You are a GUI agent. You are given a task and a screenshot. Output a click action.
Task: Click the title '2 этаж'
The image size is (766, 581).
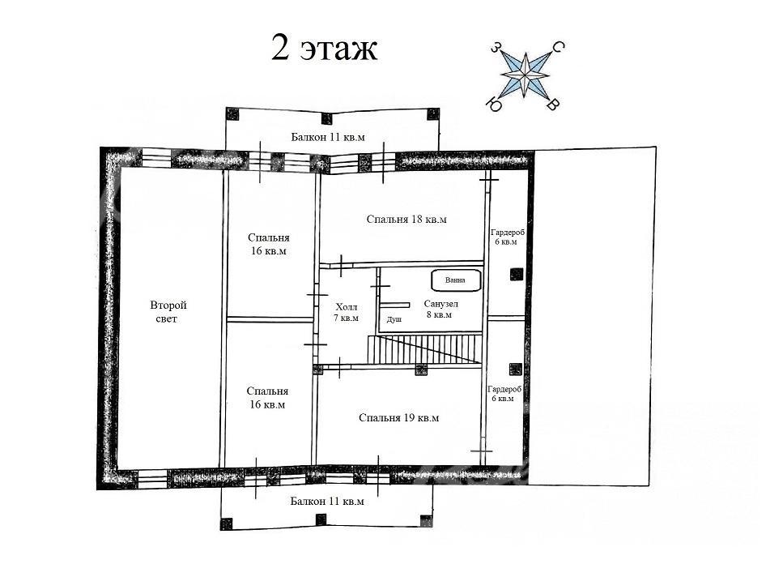pyautogui.click(x=324, y=49)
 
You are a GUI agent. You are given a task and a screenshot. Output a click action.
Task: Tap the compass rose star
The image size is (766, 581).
pyautogui.click(x=526, y=75)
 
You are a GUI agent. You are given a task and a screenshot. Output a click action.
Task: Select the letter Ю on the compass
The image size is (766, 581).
pyautogui.click(x=495, y=105)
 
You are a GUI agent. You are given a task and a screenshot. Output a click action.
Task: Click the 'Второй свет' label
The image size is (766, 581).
pyautogui.click(x=168, y=312)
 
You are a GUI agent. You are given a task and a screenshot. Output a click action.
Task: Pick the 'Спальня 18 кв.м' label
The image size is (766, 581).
pyautogui.click(x=406, y=219)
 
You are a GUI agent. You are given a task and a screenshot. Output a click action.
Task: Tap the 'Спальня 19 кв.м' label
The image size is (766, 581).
pyautogui.click(x=398, y=417)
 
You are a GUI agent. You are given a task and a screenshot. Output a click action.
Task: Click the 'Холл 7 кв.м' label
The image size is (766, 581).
pyautogui.click(x=347, y=313)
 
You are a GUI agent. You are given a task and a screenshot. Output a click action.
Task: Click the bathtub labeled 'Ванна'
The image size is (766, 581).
pyautogui.click(x=456, y=280)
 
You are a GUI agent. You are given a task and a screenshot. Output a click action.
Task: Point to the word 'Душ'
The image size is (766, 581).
pyautogui.click(x=394, y=319)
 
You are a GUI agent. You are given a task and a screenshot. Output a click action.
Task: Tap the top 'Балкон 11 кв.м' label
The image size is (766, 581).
pyautogui.click(x=328, y=137)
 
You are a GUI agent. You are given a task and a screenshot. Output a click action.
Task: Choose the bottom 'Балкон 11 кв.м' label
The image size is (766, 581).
pyautogui.click(x=327, y=502)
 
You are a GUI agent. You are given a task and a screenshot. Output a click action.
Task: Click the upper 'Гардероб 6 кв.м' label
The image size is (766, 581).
pyautogui.click(x=508, y=237)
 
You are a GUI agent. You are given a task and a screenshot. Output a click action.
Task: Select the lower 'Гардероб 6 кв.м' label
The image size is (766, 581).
pyautogui.click(x=504, y=394)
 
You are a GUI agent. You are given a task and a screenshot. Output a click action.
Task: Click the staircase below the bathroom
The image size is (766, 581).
pyautogui.click(x=424, y=349)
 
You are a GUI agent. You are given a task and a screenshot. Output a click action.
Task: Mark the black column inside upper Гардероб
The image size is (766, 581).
pyautogui.click(x=517, y=275)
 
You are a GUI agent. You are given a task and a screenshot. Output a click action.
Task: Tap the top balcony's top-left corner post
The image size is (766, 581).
pyautogui.click(x=232, y=114)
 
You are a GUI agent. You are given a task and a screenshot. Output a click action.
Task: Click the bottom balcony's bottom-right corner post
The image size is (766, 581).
pyautogui.click(x=426, y=521)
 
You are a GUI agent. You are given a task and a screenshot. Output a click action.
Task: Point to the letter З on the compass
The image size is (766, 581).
pyautogui.click(x=496, y=48)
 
